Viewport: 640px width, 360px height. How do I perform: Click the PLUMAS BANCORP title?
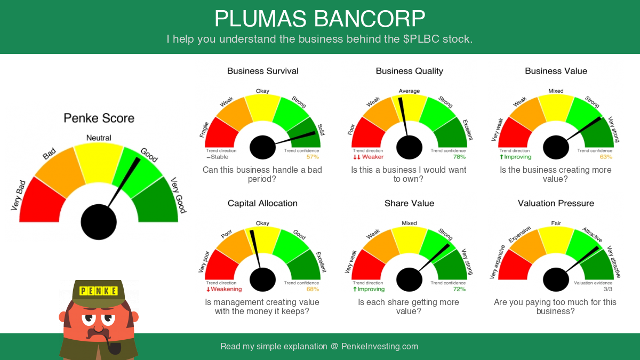319,19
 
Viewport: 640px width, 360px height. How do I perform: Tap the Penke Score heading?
99,118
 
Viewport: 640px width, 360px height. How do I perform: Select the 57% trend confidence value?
313,157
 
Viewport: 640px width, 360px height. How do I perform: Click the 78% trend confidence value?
459,157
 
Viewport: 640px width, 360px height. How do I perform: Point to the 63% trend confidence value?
606,157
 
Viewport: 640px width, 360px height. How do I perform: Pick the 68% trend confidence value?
313,289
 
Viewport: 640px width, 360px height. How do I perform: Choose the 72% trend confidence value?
459,289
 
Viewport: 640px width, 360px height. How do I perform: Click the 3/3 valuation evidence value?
608,289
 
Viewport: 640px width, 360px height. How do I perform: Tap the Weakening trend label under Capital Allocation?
224,289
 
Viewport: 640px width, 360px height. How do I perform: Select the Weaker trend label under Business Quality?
369,157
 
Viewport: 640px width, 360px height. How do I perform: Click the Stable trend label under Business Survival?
218,157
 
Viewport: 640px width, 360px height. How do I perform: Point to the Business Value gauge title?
556,71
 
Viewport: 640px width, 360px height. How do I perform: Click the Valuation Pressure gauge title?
556,203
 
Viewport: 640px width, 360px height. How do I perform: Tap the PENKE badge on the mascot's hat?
99,291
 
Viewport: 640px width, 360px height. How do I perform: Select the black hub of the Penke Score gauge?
99,222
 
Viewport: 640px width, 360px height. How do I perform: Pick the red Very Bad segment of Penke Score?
42,201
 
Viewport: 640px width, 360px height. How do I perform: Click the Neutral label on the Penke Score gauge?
99,138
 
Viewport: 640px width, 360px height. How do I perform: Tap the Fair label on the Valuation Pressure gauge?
556,223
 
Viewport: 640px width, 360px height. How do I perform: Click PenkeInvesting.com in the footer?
380,346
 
